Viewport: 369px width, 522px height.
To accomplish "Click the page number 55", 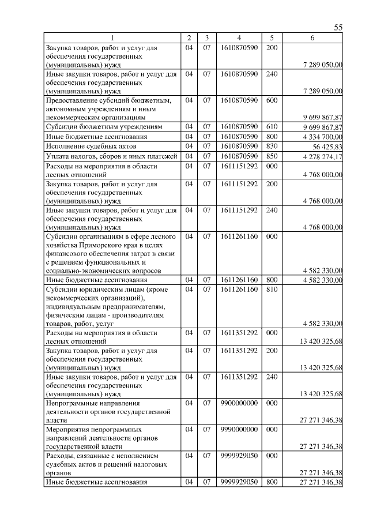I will click(338, 27).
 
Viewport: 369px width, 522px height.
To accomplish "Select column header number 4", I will click(239, 38).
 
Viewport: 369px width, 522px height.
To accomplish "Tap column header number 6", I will click(312, 38).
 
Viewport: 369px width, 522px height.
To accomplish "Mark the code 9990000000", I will click(239, 430).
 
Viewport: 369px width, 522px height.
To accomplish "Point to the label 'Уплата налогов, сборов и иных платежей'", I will click(111, 156).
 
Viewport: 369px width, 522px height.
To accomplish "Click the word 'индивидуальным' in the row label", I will click(75, 307).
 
